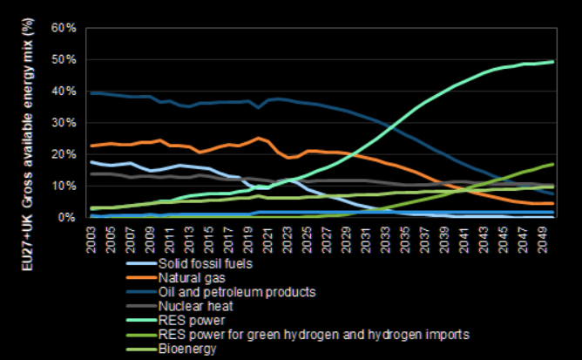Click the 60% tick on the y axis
pos(64,28)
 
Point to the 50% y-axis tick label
pos(64,59)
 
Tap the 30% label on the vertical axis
pos(64,123)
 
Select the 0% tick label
pos(68,217)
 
